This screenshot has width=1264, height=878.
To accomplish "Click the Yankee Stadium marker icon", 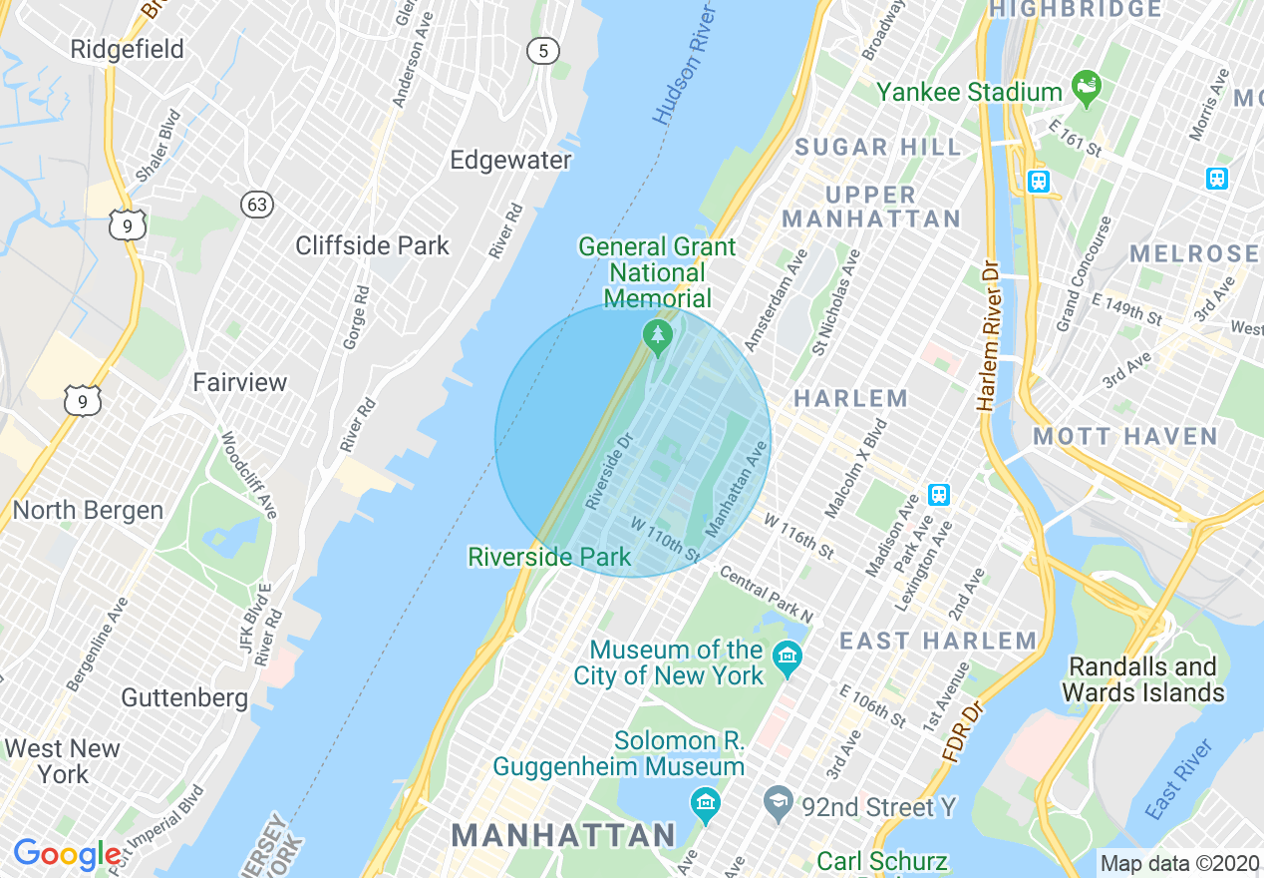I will (x=1086, y=88).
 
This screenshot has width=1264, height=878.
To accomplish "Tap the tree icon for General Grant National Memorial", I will (x=657, y=337).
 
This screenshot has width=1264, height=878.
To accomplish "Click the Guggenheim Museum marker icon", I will (x=705, y=801).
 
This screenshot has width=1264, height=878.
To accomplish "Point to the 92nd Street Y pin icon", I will (x=778, y=800).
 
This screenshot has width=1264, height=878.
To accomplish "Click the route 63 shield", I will (x=257, y=205).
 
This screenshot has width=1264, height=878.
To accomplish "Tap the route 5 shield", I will (x=543, y=52).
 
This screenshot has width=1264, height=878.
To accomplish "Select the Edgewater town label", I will (x=510, y=160).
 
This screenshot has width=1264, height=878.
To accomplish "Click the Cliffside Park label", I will (x=373, y=245).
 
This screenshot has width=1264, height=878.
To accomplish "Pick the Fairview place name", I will (x=239, y=382).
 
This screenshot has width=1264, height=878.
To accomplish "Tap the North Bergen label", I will (x=88, y=510).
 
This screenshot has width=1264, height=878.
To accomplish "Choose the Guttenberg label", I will (x=184, y=697).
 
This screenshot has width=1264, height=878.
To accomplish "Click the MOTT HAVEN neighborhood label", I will (x=1125, y=436).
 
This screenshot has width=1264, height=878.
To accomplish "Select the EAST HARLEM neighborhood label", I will (x=938, y=641).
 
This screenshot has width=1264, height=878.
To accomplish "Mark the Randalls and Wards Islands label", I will (x=1142, y=679).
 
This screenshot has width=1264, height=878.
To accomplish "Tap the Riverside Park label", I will (x=549, y=557).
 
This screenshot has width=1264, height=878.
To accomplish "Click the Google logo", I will (x=68, y=854).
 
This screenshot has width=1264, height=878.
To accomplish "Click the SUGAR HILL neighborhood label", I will (x=877, y=148).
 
